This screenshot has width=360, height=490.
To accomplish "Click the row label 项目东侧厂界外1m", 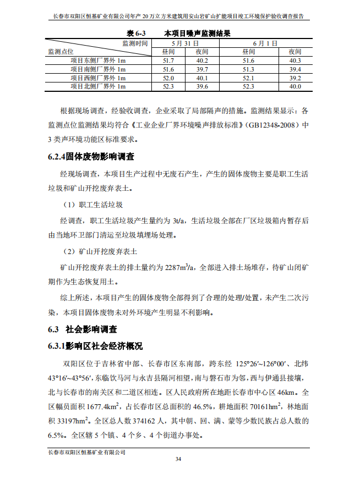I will [x=98, y=60].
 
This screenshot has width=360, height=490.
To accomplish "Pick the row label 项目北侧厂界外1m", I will [x=98, y=86].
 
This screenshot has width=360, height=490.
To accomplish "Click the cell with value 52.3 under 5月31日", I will [x=168, y=86].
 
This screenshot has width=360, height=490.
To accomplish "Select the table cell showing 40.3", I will [x=296, y=60].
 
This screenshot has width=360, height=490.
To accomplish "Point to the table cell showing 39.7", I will [x=202, y=69].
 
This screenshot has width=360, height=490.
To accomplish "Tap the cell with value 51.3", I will [x=248, y=69].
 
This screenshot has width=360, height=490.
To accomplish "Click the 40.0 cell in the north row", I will [x=296, y=86].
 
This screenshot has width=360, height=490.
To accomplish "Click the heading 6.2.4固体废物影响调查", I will [x=91, y=157].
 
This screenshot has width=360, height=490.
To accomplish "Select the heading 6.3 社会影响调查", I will [x=83, y=330].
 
